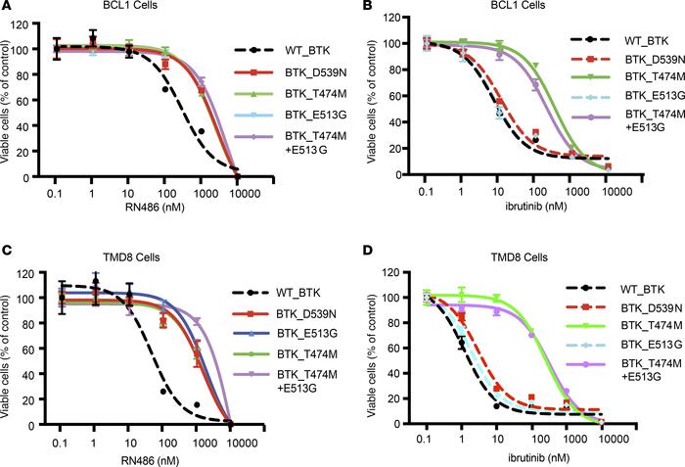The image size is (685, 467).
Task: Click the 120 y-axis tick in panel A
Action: pos(35,21)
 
